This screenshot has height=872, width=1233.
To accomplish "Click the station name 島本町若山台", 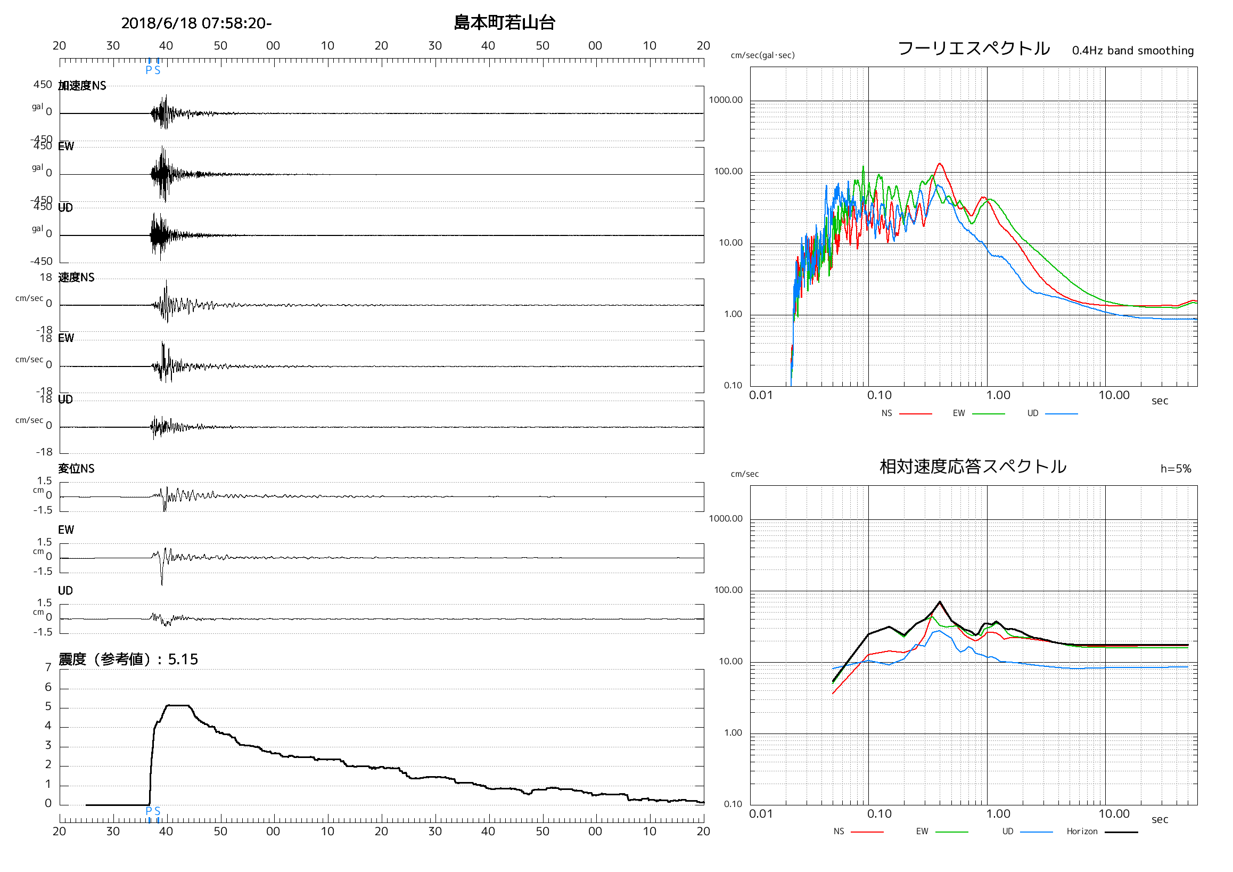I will point(504,22).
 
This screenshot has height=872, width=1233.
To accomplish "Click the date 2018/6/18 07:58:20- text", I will point(196,23).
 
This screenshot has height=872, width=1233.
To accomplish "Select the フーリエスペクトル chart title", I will point(973,48).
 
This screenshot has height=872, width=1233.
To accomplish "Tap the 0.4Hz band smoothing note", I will point(1132,51).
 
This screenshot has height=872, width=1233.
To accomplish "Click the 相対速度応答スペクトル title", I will point(973,466).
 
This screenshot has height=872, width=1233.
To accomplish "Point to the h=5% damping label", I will point(1176,469).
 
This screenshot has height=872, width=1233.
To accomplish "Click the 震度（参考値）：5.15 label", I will point(128,659).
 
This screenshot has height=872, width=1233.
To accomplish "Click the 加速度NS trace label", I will point(82,85).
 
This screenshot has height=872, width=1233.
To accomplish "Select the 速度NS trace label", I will point(76,277).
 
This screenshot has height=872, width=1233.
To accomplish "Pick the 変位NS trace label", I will point(76,469).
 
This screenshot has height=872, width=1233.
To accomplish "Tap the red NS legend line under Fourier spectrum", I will point(915,414).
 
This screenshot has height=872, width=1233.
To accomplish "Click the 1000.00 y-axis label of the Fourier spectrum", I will point(726,100).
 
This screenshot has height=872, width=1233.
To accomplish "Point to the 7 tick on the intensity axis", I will point(48,667).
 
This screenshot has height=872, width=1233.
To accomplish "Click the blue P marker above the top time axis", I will point(149,70).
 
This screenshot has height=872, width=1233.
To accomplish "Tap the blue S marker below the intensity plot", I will point(158,811).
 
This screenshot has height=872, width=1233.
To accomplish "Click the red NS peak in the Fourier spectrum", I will point(939,164).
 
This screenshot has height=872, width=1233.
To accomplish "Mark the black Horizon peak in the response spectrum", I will point(940,602).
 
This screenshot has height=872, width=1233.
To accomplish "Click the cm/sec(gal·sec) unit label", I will point(762,55).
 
